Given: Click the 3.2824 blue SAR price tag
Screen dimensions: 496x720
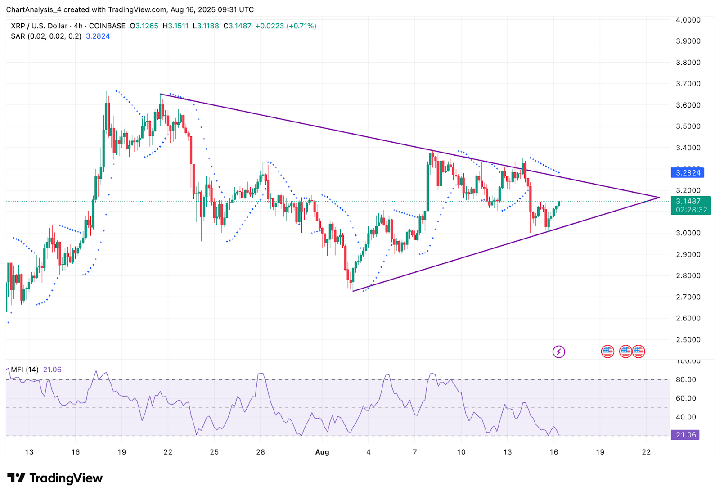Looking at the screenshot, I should [x=688, y=173].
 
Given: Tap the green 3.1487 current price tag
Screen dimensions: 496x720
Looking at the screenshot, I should [x=690, y=202].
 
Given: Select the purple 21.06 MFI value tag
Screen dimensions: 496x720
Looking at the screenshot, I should [x=685, y=435].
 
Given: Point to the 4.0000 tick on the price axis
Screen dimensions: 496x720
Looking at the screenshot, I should [x=688, y=20].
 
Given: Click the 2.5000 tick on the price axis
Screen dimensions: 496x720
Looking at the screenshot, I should [x=688, y=339].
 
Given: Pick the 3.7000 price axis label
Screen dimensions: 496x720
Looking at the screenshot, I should [x=688, y=84].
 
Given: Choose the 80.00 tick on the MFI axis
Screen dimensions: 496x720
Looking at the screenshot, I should [x=686, y=379].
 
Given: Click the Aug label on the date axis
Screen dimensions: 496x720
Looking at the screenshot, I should [x=322, y=452].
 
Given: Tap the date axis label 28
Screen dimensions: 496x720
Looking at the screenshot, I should [x=261, y=452].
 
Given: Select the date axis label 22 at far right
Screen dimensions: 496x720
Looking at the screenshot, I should [x=646, y=452].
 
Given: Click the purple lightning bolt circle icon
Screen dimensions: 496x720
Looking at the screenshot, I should [x=558, y=352].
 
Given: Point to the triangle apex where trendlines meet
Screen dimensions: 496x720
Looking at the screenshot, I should [x=659, y=197].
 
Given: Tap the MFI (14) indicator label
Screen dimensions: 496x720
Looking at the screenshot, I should [x=25, y=370].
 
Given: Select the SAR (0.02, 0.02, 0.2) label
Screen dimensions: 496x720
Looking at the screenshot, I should [x=46, y=36].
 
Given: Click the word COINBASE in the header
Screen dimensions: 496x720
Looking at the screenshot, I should [x=107, y=26].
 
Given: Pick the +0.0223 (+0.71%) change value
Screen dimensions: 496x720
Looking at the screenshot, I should [x=286, y=26].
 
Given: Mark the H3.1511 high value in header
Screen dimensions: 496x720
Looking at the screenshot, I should [x=175, y=26].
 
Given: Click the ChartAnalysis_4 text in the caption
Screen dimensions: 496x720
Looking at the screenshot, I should [x=34, y=9].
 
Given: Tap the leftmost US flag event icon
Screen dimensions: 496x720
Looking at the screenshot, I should [x=607, y=352].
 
